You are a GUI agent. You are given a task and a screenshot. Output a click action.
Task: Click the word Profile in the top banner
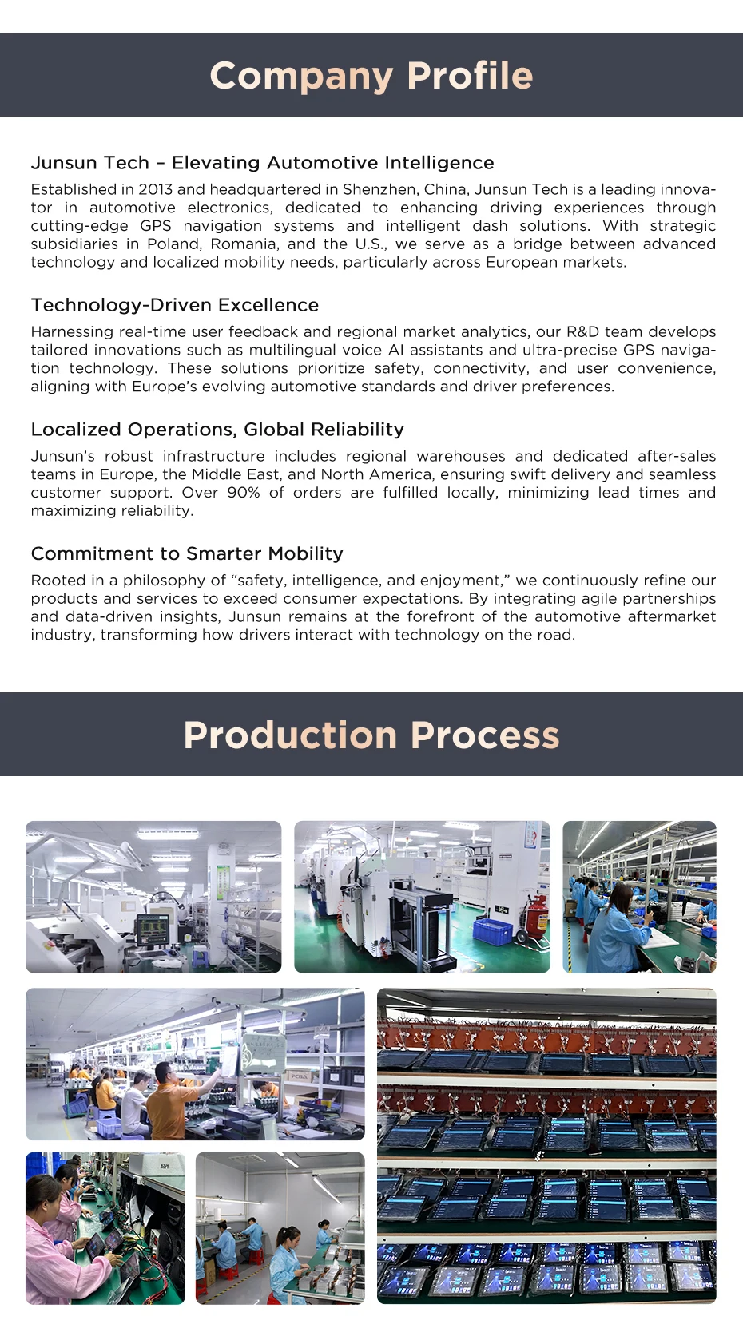(x=469, y=76)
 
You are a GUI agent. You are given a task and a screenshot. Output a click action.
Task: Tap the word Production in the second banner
(x=290, y=735)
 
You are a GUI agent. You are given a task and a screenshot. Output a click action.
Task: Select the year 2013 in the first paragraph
(x=155, y=190)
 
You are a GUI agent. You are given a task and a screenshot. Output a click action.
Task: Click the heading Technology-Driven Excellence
(x=175, y=305)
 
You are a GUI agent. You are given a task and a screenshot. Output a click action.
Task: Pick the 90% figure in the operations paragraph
(x=244, y=493)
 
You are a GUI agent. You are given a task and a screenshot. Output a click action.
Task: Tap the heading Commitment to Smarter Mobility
(x=187, y=553)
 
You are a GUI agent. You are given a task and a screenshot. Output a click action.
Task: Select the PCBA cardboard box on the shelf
(x=300, y=1076)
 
